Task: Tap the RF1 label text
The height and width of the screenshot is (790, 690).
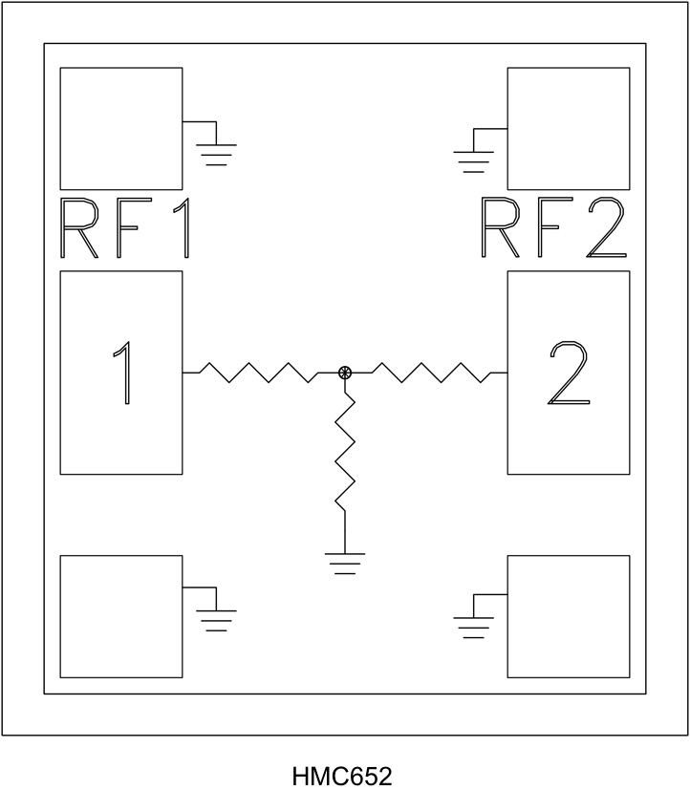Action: pyautogui.click(x=125, y=230)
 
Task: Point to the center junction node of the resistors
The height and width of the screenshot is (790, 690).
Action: pyautogui.click(x=345, y=373)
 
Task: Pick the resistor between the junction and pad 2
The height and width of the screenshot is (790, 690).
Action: pyautogui.click(x=430, y=373)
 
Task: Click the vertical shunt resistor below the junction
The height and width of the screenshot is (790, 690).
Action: pyautogui.click(x=345, y=454)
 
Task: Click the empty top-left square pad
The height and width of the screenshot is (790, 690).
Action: pyautogui.click(x=121, y=128)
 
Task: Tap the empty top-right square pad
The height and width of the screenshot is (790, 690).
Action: pyautogui.click(x=568, y=128)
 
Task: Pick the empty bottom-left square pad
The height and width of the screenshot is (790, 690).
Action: pyautogui.click(x=121, y=616)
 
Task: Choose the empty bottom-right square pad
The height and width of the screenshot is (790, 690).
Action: pyautogui.click(x=568, y=616)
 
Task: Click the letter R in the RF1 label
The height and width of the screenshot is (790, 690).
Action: pyautogui.click(x=80, y=230)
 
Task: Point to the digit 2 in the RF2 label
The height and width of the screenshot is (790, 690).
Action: pyautogui.click(x=606, y=230)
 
